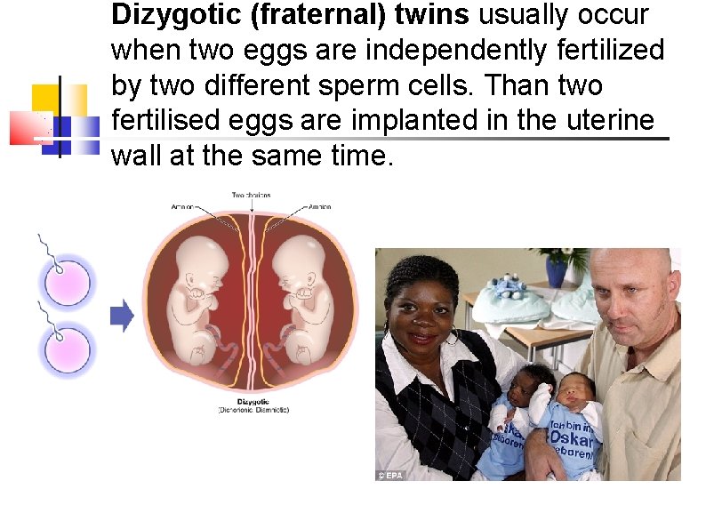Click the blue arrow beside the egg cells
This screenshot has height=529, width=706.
click(122, 315)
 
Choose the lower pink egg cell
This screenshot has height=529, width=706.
click(64, 348)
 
